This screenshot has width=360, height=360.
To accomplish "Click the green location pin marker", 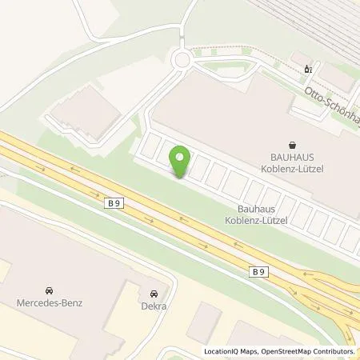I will click(181, 162).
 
